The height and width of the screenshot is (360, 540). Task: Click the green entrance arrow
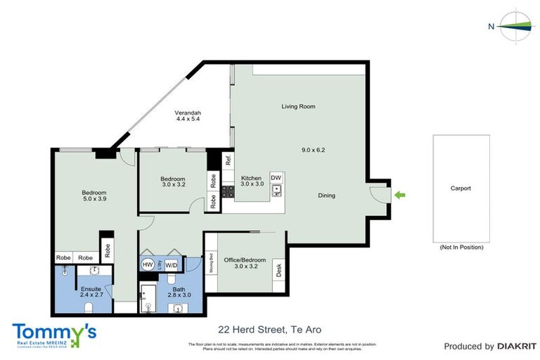[401, 195]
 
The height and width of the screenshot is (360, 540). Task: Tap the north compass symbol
[516, 26]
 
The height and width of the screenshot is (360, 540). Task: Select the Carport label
[461, 188]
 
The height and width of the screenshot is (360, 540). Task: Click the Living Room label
[298, 107]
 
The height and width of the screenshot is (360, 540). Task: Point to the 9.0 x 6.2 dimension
[312, 150]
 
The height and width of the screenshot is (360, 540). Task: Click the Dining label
[326, 195]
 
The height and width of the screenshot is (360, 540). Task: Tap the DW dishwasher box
[276, 177]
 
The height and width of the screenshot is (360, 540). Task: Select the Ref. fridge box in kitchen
[229, 160]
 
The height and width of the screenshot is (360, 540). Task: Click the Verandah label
[188, 113]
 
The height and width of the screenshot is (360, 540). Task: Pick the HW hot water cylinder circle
[148, 264]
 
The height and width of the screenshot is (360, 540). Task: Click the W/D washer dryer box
[172, 264]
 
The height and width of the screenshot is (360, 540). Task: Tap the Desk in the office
[278, 269]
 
